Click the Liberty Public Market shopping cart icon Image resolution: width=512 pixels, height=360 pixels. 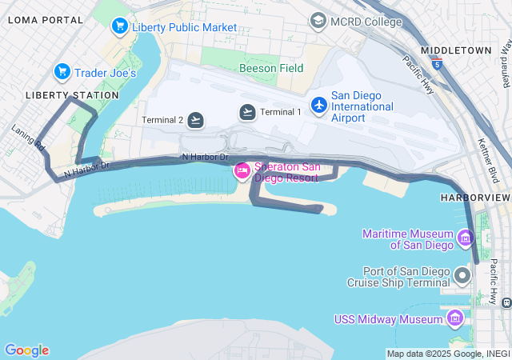(x=120, y=26)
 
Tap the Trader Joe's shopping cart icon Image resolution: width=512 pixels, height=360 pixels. (x=62, y=73)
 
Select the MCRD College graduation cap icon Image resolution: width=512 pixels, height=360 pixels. (x=318, y=21)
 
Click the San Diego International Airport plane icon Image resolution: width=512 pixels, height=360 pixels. (x=319, y=105)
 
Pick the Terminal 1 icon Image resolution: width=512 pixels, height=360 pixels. (x=247, y=112)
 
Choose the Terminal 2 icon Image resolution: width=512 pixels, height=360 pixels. (x=196, y=120)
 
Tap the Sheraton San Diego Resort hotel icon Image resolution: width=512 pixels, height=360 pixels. (x=242, y=170)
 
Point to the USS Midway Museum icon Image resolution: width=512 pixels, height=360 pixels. (x=455, y=319)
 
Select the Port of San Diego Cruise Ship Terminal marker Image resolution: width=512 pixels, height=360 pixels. (x=462, y=276)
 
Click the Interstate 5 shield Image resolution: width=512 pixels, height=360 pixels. (x=436, y=61)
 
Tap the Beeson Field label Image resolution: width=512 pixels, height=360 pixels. (x=271, y=68)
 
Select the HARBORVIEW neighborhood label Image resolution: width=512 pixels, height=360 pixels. (x=474, y=197)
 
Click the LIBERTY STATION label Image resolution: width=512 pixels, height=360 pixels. (x=72, y=95)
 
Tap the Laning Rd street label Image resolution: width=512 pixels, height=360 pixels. (x=28, y=137)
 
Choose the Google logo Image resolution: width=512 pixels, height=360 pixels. (x=26, y=350)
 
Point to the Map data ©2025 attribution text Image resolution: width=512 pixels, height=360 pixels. (x=448, y=354)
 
